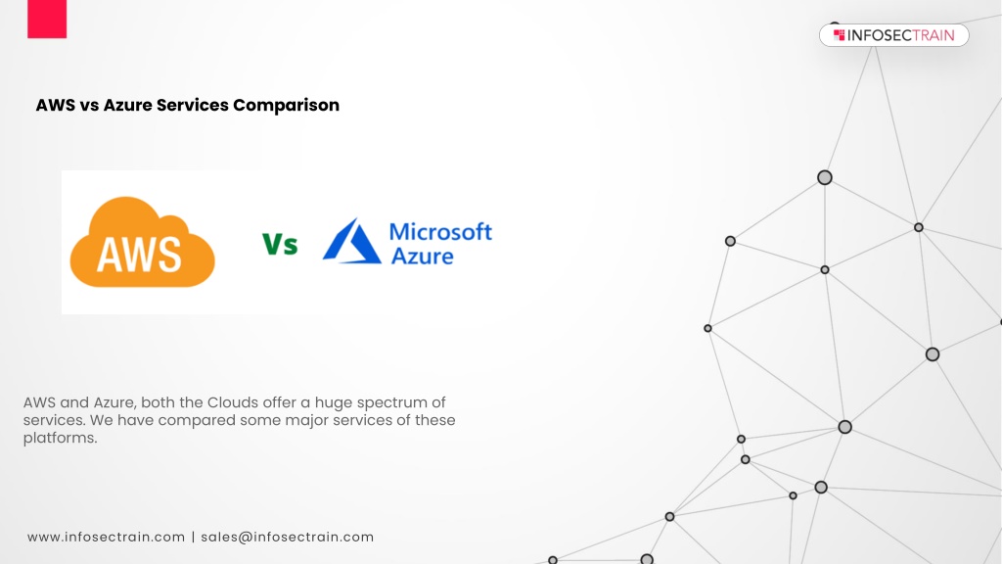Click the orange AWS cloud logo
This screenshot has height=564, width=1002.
142,242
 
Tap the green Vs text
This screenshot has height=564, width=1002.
280,244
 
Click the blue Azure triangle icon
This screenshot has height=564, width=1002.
351,241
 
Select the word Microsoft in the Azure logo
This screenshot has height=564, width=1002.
440,231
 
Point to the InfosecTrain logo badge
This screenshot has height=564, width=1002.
894,35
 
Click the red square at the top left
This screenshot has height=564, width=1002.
47,19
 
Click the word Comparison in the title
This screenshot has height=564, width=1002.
286,105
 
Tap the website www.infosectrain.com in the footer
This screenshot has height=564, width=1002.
106,538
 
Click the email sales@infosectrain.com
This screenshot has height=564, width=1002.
288,538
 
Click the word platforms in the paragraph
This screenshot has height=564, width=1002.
60,438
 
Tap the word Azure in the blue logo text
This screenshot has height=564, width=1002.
423,256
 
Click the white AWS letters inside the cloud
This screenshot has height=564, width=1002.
139,254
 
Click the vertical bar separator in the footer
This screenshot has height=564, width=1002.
193,538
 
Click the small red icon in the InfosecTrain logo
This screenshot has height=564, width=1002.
839,35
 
